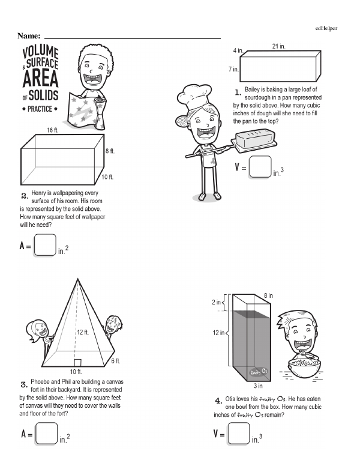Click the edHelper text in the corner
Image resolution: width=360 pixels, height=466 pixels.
pos(326,28)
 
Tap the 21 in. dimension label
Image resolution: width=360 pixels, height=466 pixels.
pos(278,46)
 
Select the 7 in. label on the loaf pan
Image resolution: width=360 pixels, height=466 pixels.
pos(233,69)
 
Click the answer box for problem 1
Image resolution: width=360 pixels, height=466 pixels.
pos(260,167)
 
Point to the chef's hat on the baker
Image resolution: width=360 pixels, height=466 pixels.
pos(194,96)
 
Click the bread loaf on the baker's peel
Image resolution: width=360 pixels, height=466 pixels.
pos(254,138)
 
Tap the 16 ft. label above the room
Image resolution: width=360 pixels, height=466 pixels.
pos(53,130)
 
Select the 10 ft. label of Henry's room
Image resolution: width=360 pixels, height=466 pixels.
pos(107,177)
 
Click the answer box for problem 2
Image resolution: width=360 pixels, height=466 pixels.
pos(45,245)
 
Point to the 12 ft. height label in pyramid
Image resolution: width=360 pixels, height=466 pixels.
pos(83,332)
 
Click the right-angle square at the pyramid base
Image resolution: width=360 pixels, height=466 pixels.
pos(77,363)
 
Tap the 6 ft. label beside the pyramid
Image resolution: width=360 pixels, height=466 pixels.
pos(116,361)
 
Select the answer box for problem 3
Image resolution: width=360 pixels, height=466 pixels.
pos(46,434)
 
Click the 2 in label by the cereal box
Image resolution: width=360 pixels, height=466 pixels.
pos(216,302)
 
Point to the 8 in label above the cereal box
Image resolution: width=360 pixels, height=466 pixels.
pos(268,295)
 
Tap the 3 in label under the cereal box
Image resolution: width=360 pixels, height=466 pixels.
pos(258,386)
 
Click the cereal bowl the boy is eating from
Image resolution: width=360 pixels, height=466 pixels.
pos(304,368)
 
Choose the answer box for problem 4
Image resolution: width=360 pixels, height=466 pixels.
pos(239,434)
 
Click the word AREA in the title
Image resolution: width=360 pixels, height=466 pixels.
pos(40,79)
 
